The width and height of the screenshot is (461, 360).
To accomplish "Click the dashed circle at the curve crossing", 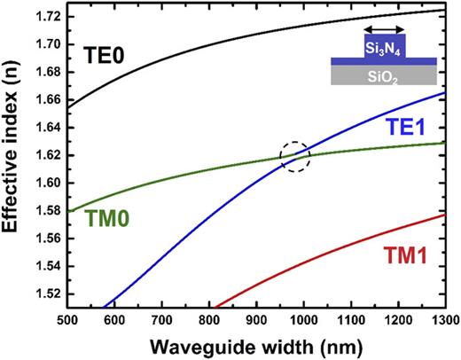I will coord(295,157).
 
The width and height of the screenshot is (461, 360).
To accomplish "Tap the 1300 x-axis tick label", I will coord(444,319).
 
